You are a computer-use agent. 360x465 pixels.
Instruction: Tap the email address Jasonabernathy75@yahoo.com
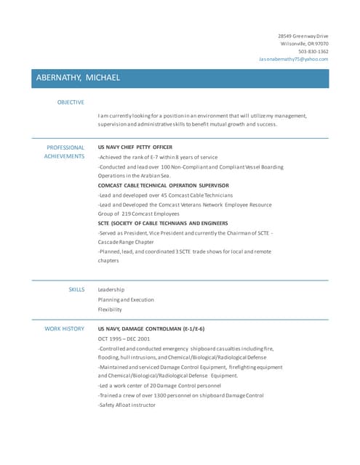[294, 59]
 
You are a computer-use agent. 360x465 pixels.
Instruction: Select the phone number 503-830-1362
[313, 52]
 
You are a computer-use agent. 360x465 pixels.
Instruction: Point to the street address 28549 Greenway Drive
[303, 36]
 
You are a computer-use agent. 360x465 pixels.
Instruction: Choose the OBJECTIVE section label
[71, 102]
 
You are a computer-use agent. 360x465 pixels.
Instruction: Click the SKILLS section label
[76, 289]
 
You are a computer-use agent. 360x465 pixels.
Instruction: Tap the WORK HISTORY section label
[65, 328]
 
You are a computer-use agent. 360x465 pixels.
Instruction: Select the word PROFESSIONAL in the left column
[65, 147]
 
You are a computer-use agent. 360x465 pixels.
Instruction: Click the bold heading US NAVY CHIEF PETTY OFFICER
[135, 147]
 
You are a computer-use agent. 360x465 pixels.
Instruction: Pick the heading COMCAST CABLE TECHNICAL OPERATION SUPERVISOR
[163, 185]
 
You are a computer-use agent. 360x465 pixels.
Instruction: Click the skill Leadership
[111, 289]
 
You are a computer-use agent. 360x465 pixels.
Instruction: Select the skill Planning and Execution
[126, 299]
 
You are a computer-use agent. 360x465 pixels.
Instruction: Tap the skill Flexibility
[110, 310]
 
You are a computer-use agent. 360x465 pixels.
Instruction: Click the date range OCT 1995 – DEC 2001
[124, 339]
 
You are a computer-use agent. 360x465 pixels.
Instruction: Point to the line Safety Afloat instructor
[127, 405]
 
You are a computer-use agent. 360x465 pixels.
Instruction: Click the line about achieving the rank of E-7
[157, 157]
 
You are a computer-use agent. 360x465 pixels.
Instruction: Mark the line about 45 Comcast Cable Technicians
[165, 195]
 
